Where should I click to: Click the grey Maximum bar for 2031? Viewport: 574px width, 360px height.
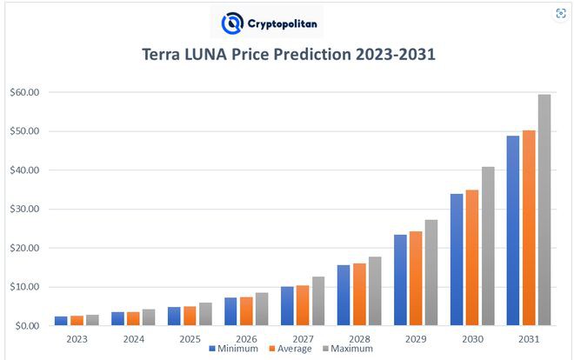[544, 210]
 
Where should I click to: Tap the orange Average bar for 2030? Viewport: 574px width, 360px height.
[471, 257]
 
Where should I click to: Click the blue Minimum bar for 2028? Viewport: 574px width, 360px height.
[343, 295]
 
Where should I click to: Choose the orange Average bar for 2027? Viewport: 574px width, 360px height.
[302, 305]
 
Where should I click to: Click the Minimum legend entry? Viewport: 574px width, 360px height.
[235, 348]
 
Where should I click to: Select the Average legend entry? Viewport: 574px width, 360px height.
[290, 348]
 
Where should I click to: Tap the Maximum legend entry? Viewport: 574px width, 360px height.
[348, 348]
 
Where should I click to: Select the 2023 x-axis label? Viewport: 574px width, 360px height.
[77, 337]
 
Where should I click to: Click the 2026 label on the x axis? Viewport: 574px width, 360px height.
[245, 337]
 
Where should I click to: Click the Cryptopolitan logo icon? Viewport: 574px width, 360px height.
[232, 23]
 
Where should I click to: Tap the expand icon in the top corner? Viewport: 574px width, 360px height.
[560, 13]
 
